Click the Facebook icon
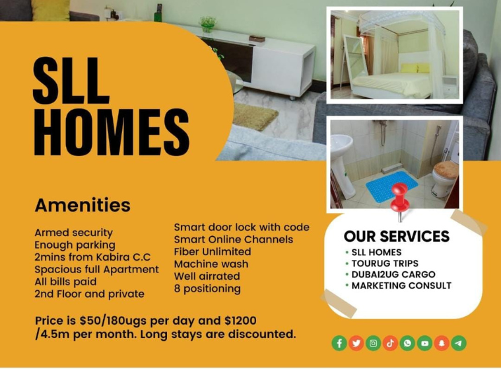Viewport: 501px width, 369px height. point(339,343)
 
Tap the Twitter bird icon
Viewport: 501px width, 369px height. point(356,343)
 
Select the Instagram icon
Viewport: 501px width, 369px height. point(373,343)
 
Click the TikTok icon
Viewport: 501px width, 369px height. point(390,343)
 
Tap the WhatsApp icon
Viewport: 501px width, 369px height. point(407,343)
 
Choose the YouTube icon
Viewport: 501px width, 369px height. point(424,343)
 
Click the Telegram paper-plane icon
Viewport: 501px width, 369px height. point(459,343)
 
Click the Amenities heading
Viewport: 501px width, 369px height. point(83,205)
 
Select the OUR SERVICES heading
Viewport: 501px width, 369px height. point(397,236)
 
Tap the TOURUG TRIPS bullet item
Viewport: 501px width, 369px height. point(385,263)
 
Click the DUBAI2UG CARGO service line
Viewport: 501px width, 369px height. point(393,274)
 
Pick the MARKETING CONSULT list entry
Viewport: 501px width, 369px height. point(401,286)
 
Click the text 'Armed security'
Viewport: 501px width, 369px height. point(74,233)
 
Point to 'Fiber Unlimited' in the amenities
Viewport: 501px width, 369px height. point(213,251)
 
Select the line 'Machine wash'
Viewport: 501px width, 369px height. point(211,264)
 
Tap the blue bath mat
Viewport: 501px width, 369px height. point(391,186)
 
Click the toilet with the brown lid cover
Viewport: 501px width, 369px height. point(444,178)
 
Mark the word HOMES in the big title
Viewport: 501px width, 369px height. point(112,132)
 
